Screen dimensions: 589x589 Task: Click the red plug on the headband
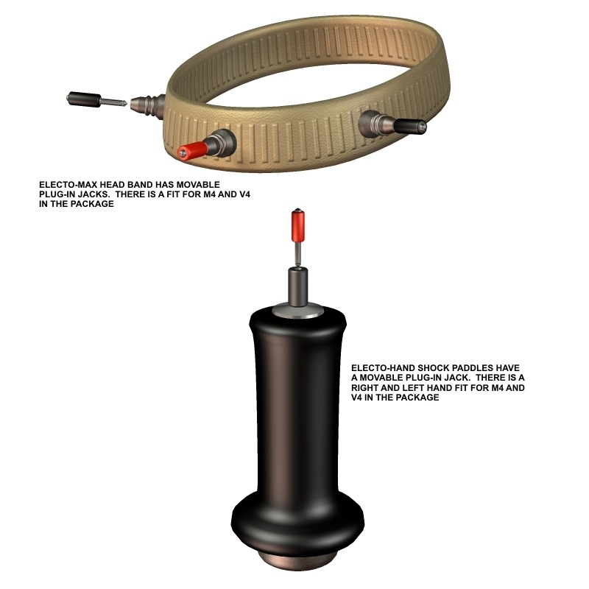192,150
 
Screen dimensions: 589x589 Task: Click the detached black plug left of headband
84,99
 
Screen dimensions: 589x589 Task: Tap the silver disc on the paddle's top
298,311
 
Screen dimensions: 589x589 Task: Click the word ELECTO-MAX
68,185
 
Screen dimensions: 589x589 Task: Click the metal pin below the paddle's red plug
297,254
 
